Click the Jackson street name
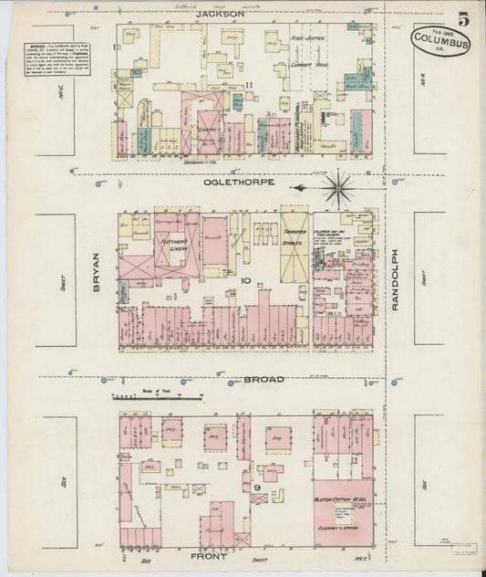220,15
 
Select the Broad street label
263,379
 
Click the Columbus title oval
440,41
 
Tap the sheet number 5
464,18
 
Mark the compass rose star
339,187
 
